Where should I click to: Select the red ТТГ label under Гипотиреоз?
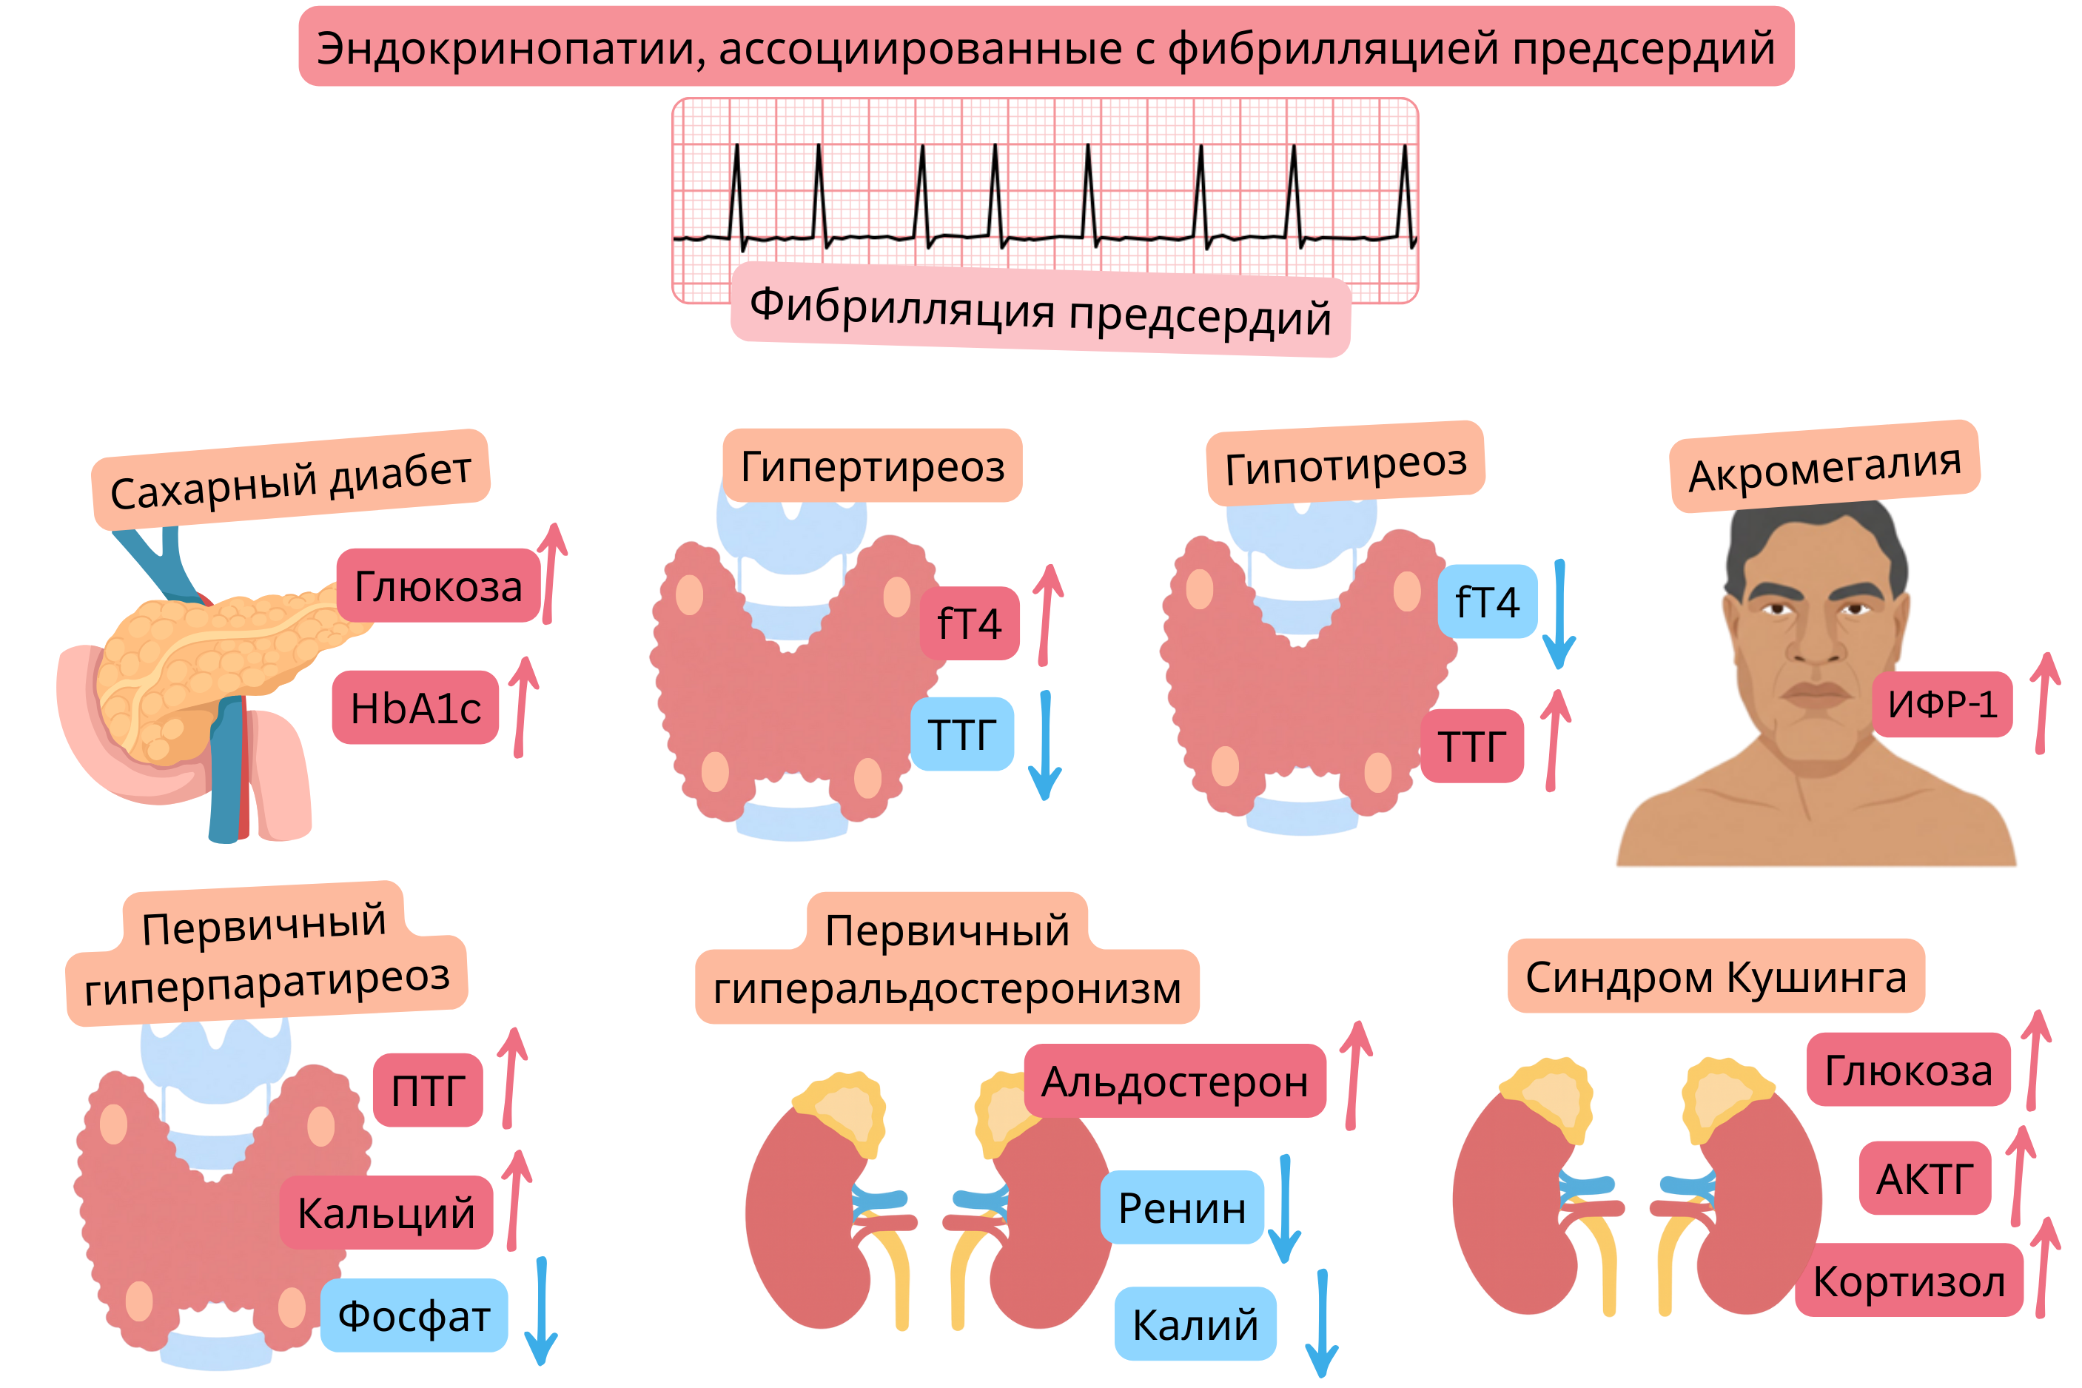pyautogui.click(x=1471, y=745)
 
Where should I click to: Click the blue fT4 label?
pyautogui.click(x=1486, y=601)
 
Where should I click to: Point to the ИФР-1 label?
pyautogui.click(x=1941, y=704)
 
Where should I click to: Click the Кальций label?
pyautogui.click(x=386, y=1212)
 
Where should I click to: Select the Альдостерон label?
pyautogui.click(x=1174, y=1081)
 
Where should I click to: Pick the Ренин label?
pyautogui.click(x=1181, y=1207)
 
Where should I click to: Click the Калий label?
pyautogui.click(x=1195, y=1324)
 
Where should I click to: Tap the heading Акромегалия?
pyautogui.click(x=1824, y=466)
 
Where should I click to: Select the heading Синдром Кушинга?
pyautogui.click(x=1715, y=976)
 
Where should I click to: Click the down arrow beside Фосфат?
pyautogui.click(x=540, y=1310)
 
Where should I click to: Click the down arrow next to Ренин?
pyautogui.click(x=1284, y=1207)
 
